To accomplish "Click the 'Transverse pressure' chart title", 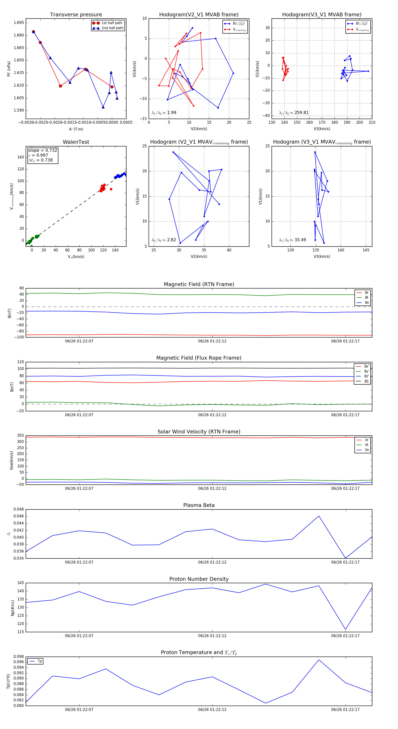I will (x=76, y=15).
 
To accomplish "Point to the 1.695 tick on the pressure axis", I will (x=19, y=23).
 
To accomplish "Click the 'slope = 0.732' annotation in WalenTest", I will (x=42, y=150).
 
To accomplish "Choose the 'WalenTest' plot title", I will (x=76, y=142).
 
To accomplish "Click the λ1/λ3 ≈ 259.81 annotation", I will (x=294, y=113).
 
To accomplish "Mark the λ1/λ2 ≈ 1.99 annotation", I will (x=164, y=113).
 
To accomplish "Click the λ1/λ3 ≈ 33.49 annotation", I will (x=292, y=240).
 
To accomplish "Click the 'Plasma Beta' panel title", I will (x=199, y=505).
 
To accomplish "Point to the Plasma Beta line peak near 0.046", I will (x=319, y=516).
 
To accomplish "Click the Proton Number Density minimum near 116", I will (x=345, y=629).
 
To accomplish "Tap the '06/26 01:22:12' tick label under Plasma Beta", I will (x=212, y=562).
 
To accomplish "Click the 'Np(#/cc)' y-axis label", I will (x=12, y=607).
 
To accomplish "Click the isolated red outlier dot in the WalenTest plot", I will (x=111, y=189).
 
